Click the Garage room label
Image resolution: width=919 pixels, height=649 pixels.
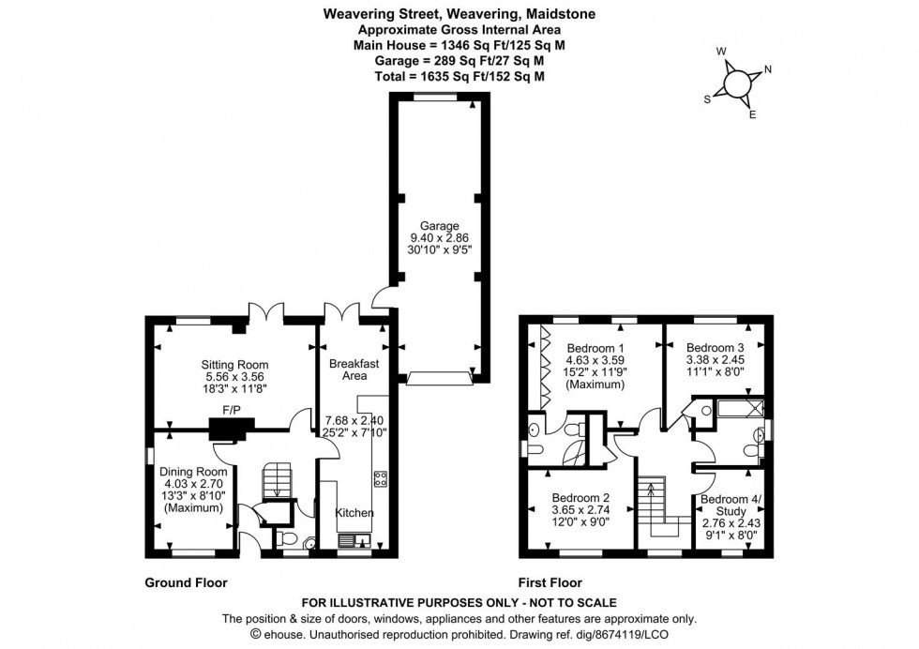pyautogui.click(x=439, y=226)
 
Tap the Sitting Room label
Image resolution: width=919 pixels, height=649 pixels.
pyautogui.click(x=234, y=365)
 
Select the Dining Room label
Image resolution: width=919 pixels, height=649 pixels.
pyautogui.click(x=193, y=472)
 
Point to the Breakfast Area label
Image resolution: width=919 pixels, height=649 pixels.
pyautogui.click(x=353, y=370)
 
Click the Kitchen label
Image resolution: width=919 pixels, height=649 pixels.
pyautogui.click(x=354, y=513)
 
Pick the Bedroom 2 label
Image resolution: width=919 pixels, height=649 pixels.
pyautogui.click(x=580, y=497)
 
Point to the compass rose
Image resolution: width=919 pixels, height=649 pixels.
pyautogui.click(x=738, y=82)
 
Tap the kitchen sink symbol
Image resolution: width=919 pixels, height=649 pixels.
pyautogui.click(x=353, y=540)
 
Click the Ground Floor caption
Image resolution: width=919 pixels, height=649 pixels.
pyautogui.click(x=186, y=581)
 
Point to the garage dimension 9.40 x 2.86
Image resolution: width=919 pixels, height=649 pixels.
pyautogui.click(x=439, y=239)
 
